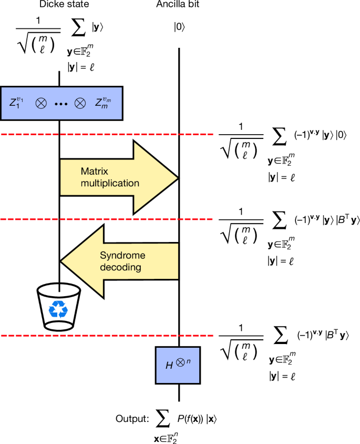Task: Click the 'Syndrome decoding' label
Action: [x=122, y=260]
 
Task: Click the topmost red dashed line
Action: [x=105, y=135]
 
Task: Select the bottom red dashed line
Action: [x=105, y=336]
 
